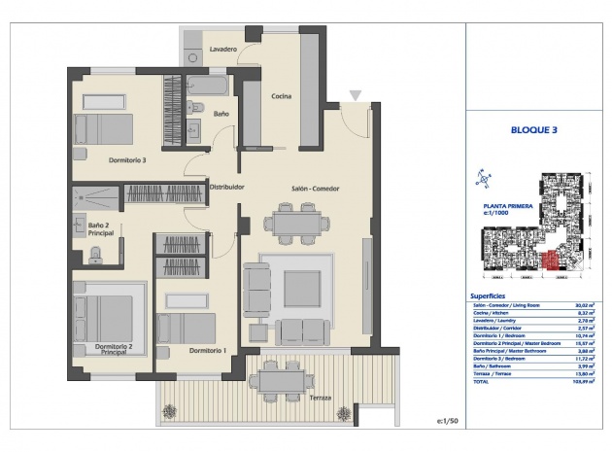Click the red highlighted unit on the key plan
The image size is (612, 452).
[x=553, y=259]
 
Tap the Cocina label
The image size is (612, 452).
[x=281, y=95]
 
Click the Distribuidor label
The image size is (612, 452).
[x=226, y=187]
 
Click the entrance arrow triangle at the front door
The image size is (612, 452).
[x=356, y=95]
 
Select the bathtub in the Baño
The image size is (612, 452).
[x=207, y=85]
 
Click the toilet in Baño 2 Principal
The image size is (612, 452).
[x=96, y=255]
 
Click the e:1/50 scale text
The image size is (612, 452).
[x=447, y=421]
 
